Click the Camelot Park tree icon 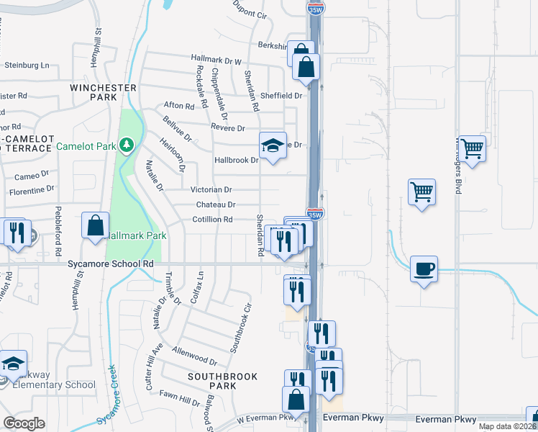pyautogui.click(x=127, y=146)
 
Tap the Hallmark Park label pyautogui.click(x=137, y=235)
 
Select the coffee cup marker pyautogui.click(x=424, y=269)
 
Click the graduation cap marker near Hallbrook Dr pyautogui.click(x=273, y=146)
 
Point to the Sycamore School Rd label pyautogui.click(x=111, y=264)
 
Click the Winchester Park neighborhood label pyautogui.click(x=104, y=92)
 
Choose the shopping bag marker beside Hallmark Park pyautogui.click(x=95, y=226)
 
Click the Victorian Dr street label pyautogui.click(x=211, y=190)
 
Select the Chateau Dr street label pyautogui.click(x=216, y=204)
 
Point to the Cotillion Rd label pyautogui.click(x=213, y=220)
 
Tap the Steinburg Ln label pyautogui.click(x=31, y=65)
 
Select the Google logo pyautogui.click(x=24, y=423)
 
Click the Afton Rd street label pyautogui.click(x=179, y=106)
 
